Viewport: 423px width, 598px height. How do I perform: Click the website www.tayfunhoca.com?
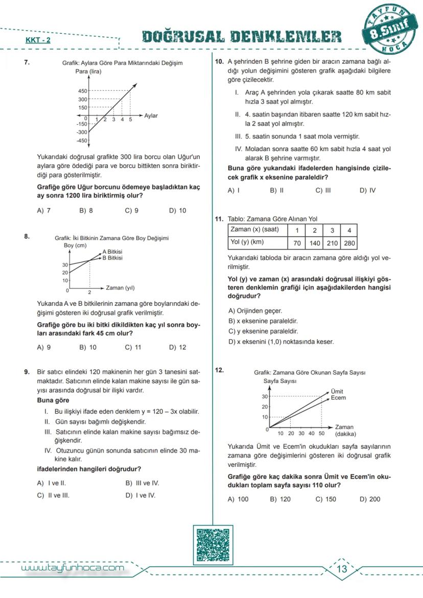(x=72, y=568)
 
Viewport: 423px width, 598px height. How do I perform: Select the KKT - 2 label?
(x=38, y=40)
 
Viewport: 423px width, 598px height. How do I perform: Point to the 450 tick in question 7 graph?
(x=82, y=90)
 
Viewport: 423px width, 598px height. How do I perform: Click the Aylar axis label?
(x=151, y=116)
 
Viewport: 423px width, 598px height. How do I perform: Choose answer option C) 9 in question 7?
(x=131, y=210)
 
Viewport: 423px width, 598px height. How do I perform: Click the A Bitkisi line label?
(x=112, y=252)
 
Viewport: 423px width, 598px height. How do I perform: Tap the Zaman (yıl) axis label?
(x=120, y=288)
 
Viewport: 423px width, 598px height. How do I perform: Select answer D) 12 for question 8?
(x=177, y=347)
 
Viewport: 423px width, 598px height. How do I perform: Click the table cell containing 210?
(x=332, y=244)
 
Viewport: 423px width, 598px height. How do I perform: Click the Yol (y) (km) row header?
(x=247, y=243)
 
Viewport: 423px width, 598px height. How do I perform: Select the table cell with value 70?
(x=297, y=244)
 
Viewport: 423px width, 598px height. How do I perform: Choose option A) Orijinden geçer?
(x=255, y=310)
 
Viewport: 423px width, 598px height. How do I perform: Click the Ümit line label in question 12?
(x=337, y=391)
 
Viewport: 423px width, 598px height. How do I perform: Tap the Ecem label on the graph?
(x=338, y=397)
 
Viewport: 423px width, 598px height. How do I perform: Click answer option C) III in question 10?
(x=323, y=190)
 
